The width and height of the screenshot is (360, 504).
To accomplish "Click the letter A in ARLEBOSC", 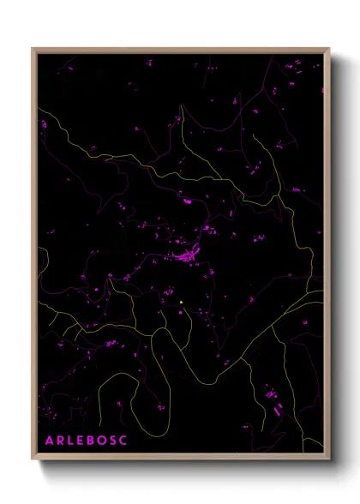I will click(48, 440).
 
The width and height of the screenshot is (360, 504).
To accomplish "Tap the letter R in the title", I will click(59, 440).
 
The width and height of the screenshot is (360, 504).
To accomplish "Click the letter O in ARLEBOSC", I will click(102, 440).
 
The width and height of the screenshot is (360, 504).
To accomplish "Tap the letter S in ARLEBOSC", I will click(114, 440).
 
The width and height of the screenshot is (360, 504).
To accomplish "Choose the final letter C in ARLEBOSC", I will click(125, 440).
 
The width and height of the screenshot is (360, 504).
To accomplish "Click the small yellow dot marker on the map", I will click(183, 301).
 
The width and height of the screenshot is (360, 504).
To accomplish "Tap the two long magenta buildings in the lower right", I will click(275, 406).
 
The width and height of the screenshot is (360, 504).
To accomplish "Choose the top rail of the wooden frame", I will click(180, 50).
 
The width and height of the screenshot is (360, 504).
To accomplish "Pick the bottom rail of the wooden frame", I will click(180, 454).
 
